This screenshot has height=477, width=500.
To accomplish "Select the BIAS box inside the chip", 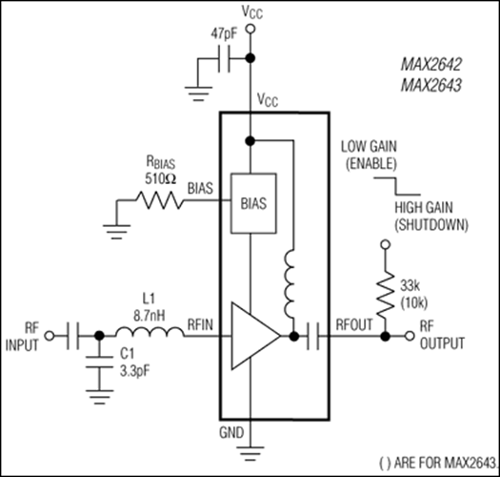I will (x=253, y=203).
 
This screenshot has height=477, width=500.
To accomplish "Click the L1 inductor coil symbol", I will (x=150, y=335).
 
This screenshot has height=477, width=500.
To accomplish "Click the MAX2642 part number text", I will (x=431, y=70).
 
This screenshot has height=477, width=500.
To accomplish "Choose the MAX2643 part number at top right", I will (x=431, y=88).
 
